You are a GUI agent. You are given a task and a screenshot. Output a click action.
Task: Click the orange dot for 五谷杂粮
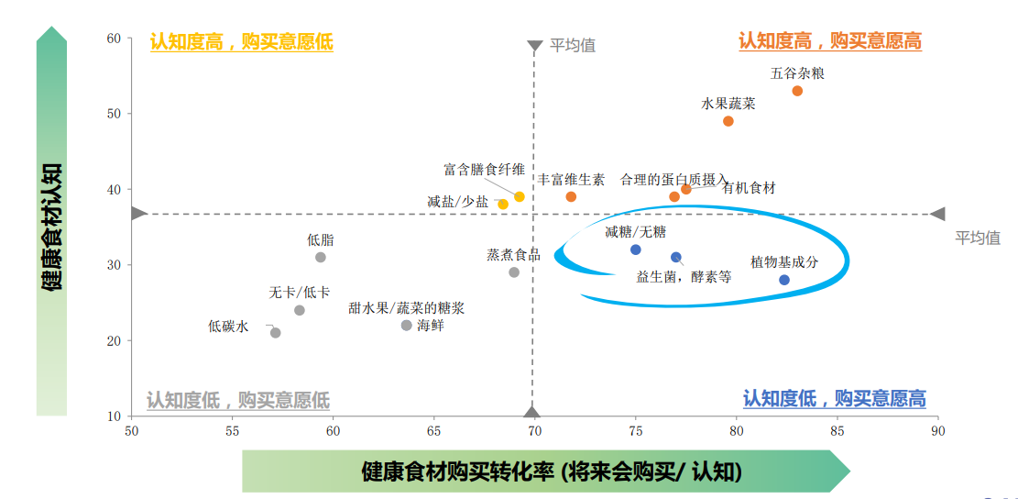click(x=797, y=91)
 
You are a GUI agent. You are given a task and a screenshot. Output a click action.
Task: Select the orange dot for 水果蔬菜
click(x=728, y=121)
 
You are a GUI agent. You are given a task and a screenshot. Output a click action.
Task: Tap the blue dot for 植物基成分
click(x=784, y=280)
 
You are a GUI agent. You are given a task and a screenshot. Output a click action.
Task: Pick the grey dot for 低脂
click(x=321, y=257)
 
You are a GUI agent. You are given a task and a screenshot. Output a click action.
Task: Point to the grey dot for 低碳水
click(x=276, y=333)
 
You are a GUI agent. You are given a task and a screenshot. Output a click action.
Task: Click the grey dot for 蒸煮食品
click(x=514, y=272)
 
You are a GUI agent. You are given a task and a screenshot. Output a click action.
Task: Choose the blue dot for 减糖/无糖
click(x=636, y=249)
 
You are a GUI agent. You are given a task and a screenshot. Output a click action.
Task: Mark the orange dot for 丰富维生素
click(x=571, y=196)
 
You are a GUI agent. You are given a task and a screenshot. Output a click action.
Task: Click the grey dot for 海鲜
click(x=407, y=326)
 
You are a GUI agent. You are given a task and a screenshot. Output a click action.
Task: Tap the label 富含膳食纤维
click(x=484, y=170)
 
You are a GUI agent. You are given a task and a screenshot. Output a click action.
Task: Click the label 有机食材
click(x=749, y=188)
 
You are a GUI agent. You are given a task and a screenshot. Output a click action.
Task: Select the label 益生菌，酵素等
click(x=684, y=276)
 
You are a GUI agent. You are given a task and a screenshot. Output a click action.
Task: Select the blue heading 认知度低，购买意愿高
click(x=834, y=399)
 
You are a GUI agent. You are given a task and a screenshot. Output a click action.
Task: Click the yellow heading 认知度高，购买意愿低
click(x=241, y=42)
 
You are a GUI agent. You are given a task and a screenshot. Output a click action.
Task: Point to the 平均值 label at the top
click(x=573, y=45)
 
